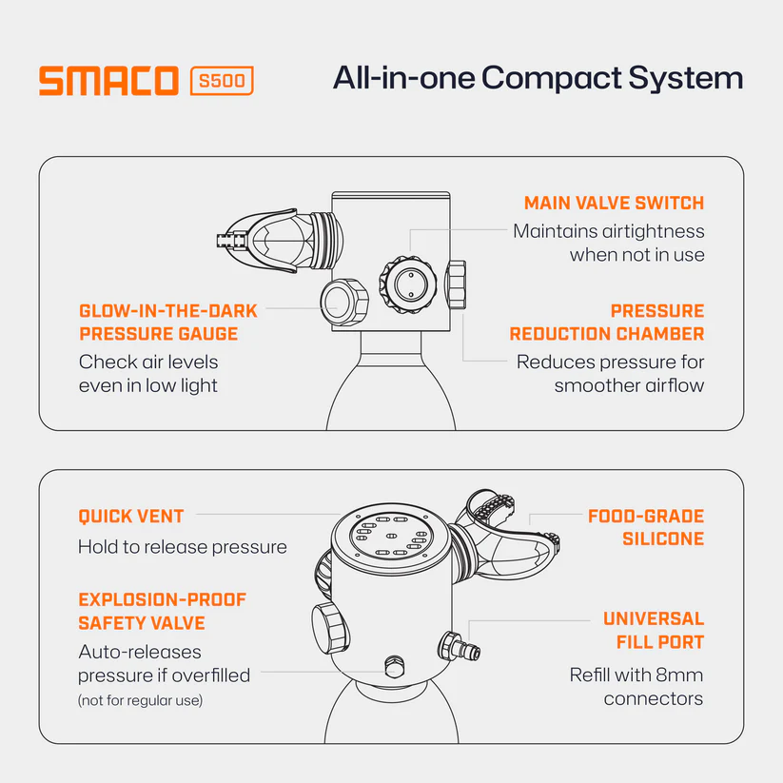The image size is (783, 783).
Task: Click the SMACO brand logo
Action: point(108,81)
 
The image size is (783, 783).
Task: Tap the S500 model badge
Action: point(222,81)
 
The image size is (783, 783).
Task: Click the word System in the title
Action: point(686,79)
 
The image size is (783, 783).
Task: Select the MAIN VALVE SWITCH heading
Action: point(614,204)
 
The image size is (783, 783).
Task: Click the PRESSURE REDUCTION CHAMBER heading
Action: point(607,323)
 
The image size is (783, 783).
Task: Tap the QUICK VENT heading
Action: point(131,517)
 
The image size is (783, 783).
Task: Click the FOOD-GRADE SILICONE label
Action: point(646,527)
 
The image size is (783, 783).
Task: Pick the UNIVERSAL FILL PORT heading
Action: point(654,630)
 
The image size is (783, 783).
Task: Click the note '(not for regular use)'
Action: point(140,700)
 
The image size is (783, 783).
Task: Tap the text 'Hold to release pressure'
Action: point(183,547)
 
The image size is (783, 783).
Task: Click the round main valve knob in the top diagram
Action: point(408,284)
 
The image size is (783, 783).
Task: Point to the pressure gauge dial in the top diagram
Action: point(344,303)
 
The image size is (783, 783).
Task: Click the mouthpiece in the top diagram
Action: point(280,240)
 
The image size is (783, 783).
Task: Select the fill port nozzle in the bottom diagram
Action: point(459,647)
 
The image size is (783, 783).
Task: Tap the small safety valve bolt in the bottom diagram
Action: point(395,666)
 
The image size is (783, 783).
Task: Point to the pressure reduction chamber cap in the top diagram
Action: point(456,284)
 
